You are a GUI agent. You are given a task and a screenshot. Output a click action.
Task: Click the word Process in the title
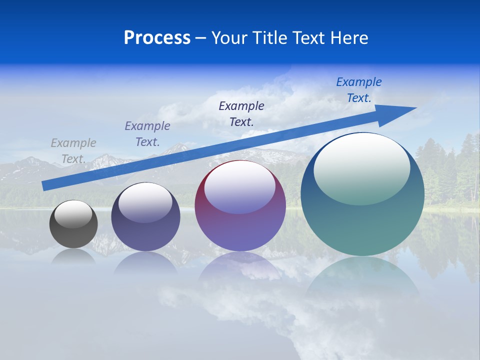[x=157, y=38]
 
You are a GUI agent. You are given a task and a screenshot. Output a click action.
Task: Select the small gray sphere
[x=73, y=224]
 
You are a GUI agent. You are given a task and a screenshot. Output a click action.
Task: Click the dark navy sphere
[x=145, y=217]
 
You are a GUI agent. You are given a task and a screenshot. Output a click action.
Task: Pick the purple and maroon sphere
[x=240, y=205]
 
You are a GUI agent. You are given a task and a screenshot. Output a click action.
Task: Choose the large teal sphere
[x=362, y=194]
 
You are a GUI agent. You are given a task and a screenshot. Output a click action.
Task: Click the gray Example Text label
[x=73, y=151]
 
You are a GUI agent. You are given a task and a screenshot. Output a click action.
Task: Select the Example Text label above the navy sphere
[x=147, y=134]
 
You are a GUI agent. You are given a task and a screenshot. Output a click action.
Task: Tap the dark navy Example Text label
[x=241, y=113]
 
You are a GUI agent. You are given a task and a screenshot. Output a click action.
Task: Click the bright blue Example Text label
[x=359, y=90]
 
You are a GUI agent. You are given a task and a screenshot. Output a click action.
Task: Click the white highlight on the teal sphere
[x=361, y=169]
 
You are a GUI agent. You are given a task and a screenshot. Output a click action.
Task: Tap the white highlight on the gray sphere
[x=73, y=214]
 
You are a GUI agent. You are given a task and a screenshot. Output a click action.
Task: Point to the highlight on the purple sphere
[x=240, y=187]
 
